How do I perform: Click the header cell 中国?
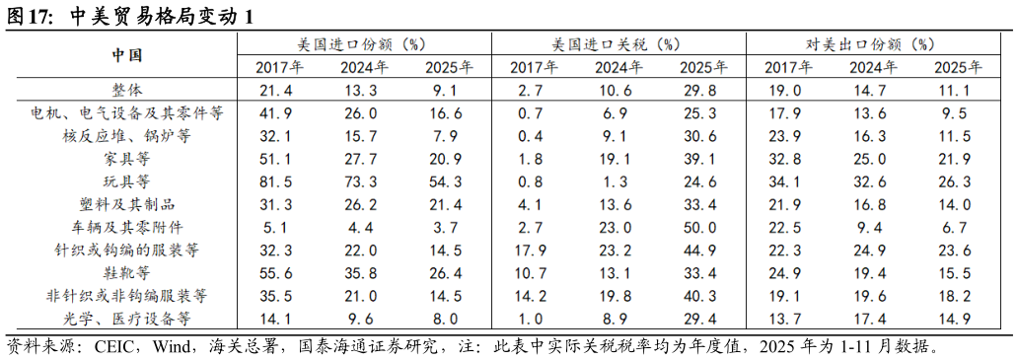point(126,55)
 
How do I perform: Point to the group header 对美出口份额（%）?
point(871,44)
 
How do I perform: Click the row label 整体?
point(126,90)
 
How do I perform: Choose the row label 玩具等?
point(126,181)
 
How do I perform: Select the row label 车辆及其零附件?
point(126,227)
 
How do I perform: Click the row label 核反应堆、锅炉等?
point(126,135)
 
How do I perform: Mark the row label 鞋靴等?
point(126,272)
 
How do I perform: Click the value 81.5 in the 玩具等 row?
point(279,181)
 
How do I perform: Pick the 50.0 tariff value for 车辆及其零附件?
point(702,227)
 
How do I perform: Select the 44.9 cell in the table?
point(702,250)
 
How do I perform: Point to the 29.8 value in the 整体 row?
point(702,90)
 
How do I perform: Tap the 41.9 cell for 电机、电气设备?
point(279,112)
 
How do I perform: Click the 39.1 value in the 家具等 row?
point(702,159)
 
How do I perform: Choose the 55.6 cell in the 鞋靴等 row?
point(279,272)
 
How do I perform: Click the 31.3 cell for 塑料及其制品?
point(279,204)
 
